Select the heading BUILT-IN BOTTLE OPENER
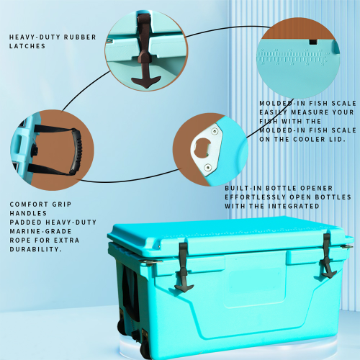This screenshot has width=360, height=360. coord(271,186)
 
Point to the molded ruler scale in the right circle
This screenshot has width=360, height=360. coord(299,54)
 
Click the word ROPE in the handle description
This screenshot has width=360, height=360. coord(21,240)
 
